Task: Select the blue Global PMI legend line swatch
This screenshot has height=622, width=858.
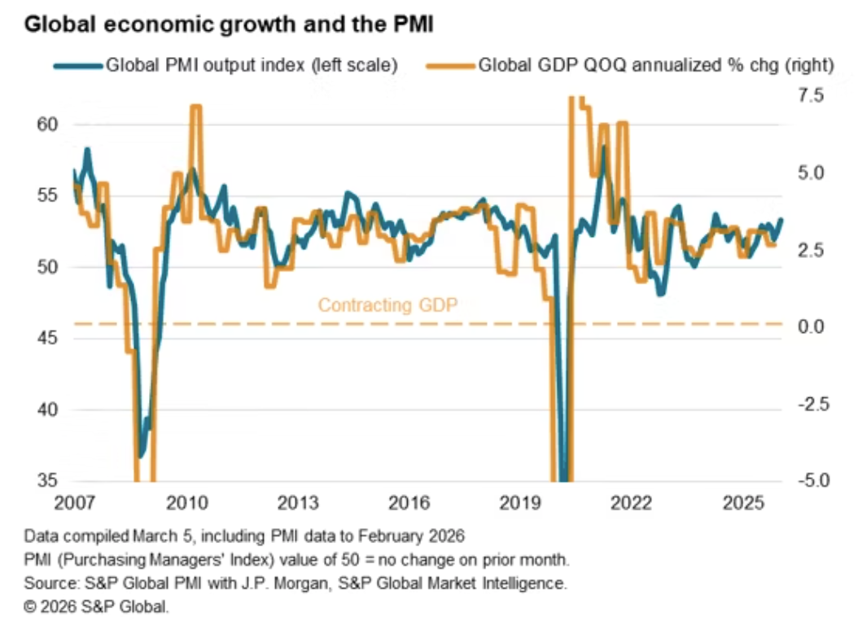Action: click(x=77, y=66)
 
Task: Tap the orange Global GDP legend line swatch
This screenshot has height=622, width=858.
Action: click(x=450, y=66)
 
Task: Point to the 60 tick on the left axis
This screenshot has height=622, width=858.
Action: click(x=47, y=125)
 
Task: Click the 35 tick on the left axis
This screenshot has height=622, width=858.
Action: click(x=47, y=480)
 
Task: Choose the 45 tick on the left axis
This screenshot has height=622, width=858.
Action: click(x=47, y=338)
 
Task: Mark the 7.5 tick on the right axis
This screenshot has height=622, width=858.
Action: click(x=811, y=95)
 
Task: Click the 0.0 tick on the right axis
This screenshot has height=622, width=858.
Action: click(x=811, y=326)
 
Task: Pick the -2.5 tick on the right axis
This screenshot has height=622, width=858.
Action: click(x=813, y=405)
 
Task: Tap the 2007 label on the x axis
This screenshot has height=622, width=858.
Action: click(x=74, y=503)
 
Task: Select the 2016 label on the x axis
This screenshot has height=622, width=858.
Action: click(x=409, y=503)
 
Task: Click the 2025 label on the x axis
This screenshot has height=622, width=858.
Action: click(x=742, y=503)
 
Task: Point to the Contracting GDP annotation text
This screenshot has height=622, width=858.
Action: click(x=387, y=304)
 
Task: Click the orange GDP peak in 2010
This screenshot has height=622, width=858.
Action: click(x=196, y=107)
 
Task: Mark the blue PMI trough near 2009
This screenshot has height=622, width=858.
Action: click(x=141, y=456)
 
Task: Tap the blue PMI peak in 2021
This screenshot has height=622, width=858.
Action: click(x=603, y=147)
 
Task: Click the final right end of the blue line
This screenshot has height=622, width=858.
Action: click(x=781, y=219)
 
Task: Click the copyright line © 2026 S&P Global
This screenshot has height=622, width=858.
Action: click(x=96, y=607)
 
